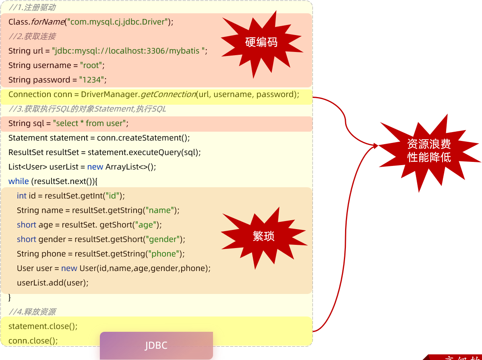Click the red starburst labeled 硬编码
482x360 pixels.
[261, 42]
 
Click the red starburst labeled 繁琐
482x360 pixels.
[263, 236]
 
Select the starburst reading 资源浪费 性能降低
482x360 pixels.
[429, 151]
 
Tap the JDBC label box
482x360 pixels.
[156, 346]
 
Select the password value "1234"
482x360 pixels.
[91, 80]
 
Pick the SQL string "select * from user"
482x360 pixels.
[89, 123]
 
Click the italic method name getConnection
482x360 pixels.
[168, 94]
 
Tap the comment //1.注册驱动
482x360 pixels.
[32, 7]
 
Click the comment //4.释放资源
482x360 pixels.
[32, 312]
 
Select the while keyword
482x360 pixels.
[19, 181]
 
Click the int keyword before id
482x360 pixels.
[21, 196]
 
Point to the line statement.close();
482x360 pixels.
[43, 326]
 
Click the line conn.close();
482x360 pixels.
[33, 341]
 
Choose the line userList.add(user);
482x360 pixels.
[52, 283]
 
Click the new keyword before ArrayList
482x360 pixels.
[95, 167]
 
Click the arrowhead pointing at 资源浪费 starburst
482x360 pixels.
[376, 145]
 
